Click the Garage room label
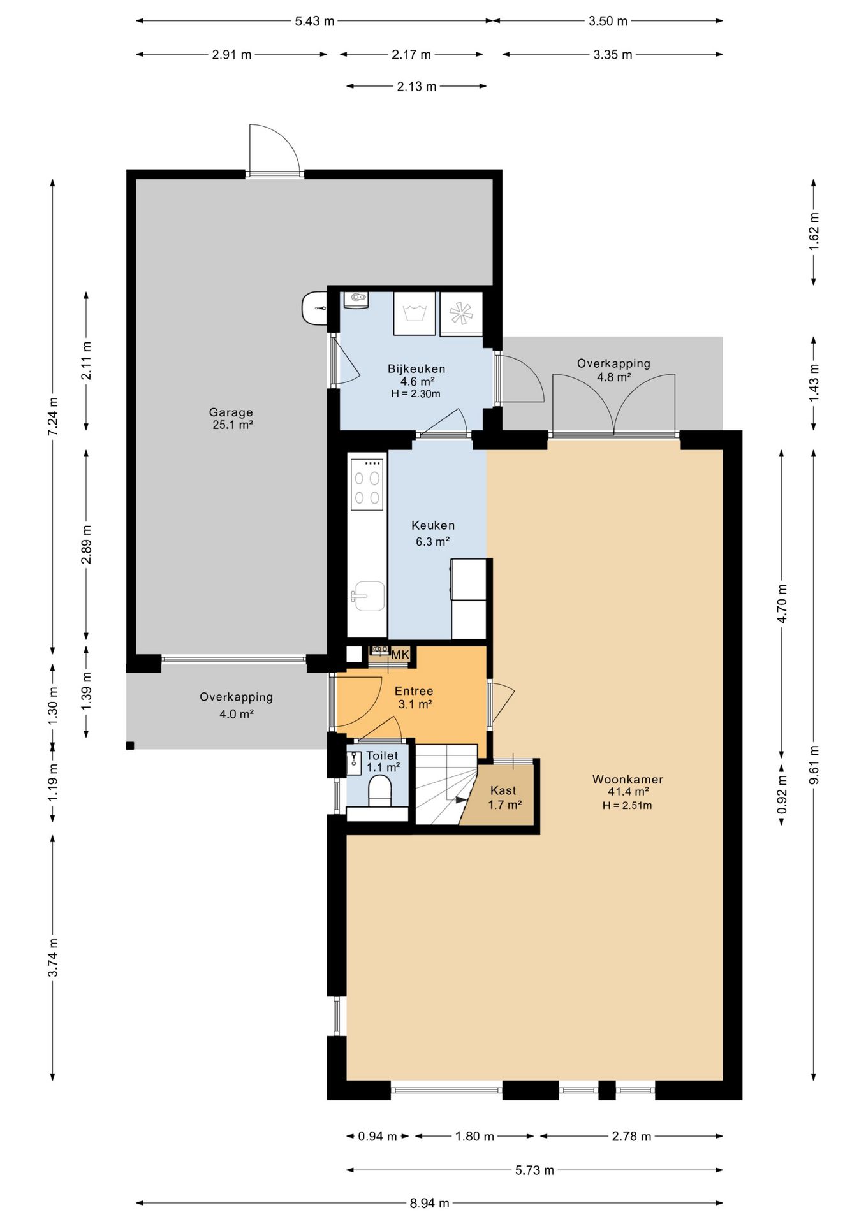pyautogui.click(x=231, y=412)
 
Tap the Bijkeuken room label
pyautogui.click(x=416, y=368)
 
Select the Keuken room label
pyautogui.click(x=433, y=525)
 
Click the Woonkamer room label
pyautogui.click(x=627, y=779)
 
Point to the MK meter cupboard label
pyautogui.click(x=400, y=655)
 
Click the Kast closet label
pyautogui.click(x=503, y=790)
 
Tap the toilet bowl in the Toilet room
pyautogui.click(x=380, y=791)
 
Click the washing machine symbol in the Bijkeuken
pyautogui.click(x=415, y=313)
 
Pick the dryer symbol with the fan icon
pyautogui.click(x=460, y=313)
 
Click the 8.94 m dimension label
pyautogui.click(x=429, y=1203)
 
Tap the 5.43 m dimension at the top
pyautogui.click(x=314, y=21)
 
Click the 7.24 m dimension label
pyautogui.click(x=53, y=417)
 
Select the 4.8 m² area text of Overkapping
pyautogui.click(x=613, y=377)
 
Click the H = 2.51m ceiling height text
pyautogui.click(x=627, y=805)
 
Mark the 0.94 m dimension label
pyautogui.click(x=378, y=1136)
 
